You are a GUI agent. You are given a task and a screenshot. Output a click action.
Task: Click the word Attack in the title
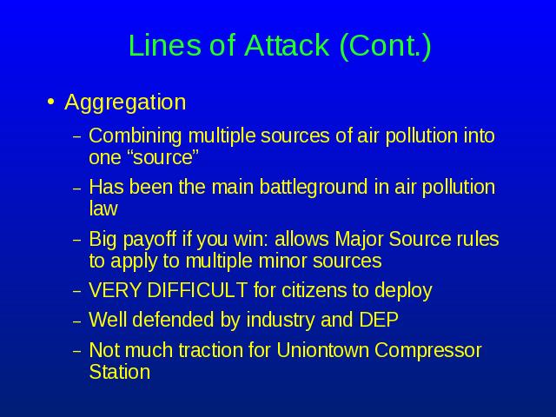tap(287, 45)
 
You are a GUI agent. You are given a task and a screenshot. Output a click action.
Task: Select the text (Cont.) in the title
tap(385, 46)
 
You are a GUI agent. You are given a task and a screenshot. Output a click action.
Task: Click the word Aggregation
tap(125, 103)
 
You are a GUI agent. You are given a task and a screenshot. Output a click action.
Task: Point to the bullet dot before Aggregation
tap(51, 102)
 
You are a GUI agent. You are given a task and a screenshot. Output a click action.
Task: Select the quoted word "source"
tap(162, 157)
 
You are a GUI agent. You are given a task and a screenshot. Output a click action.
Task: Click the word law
tap(103, 208)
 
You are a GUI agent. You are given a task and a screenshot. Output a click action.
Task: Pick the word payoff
tap(149, 240)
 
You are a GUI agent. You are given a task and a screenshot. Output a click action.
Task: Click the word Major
tap(359, 240)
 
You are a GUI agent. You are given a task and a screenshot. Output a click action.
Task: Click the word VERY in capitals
tap(115, 290)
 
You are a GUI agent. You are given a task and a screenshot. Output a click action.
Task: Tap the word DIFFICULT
tap(197, 290)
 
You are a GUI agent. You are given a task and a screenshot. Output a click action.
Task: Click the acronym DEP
tap(379, 320)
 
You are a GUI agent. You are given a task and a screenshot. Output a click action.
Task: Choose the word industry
tap(281, 321)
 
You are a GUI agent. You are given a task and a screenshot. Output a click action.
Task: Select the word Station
tap(120, 372)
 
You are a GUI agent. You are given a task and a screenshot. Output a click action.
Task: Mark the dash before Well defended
tap(77, 321)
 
